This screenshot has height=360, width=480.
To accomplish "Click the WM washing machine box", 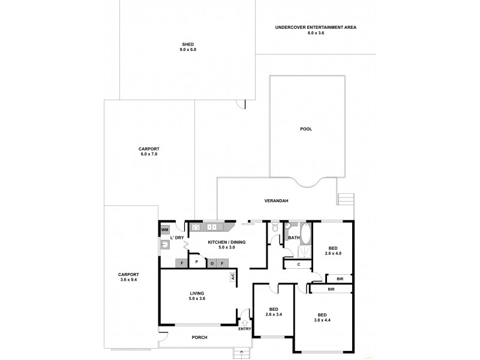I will [x=164, y=230].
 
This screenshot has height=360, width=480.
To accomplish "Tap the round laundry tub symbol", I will [x=164, y=244].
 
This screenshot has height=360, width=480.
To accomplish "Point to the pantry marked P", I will [x=196, y=262].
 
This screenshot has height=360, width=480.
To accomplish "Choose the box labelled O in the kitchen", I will [x=212, y=262].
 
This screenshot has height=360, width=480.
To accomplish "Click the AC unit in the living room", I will [x=232, y=277].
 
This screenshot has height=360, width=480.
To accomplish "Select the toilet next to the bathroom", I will [x=274, y=227].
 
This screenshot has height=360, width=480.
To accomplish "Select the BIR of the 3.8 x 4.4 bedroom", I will [x=331, y=289].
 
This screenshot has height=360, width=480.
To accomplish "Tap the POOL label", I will [x=306, y=129].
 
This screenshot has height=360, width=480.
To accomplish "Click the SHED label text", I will [x=188, y=44].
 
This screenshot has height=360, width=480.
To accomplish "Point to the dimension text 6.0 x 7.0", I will [x=149, y=154].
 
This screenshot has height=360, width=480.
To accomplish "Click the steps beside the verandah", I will [x=345, y=199].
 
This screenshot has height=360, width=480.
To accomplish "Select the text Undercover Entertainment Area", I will [x=307, y=28].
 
